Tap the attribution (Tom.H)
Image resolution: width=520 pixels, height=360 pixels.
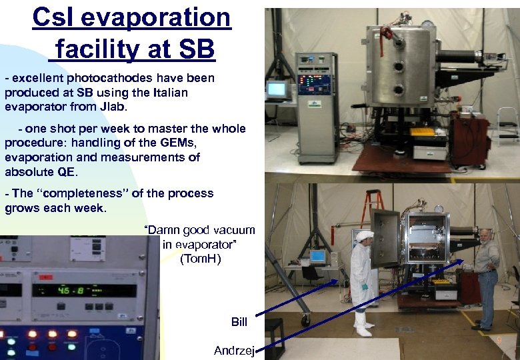200,259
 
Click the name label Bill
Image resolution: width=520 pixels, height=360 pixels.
239,322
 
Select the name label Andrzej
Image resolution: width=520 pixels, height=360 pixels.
234,351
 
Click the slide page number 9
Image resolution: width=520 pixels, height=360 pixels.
498,341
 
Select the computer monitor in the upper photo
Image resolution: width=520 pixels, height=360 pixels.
276,89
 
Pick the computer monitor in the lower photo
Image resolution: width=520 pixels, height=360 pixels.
317,257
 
